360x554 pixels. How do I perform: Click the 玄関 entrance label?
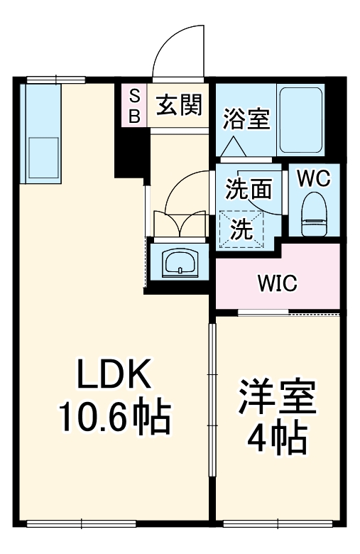[x=180, y=105]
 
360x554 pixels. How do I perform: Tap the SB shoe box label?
[x=134, y=105]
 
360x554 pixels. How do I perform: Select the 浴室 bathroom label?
[x=246, y=118]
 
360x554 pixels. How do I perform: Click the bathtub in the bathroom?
[x=301, y=120]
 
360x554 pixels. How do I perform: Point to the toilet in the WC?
[x=314, y=214]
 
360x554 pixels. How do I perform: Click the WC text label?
[x=314, y=178]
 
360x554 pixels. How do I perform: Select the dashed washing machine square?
[x=241, y=229]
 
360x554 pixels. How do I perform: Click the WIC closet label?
[x=278, y=283]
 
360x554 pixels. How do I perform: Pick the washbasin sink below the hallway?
[x=180, y=263]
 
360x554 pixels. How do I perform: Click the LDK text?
[x=114, y=373]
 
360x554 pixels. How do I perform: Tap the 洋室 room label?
[x=277, y=397]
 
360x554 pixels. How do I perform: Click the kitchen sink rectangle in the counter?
[x=43, y=158]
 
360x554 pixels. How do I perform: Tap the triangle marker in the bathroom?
[x=233, y=146]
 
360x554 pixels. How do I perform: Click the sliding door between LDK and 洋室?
[x=212, y=401]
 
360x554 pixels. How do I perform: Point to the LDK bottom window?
[x=82, y=523]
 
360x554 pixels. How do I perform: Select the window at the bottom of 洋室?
[x=278, y=523]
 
